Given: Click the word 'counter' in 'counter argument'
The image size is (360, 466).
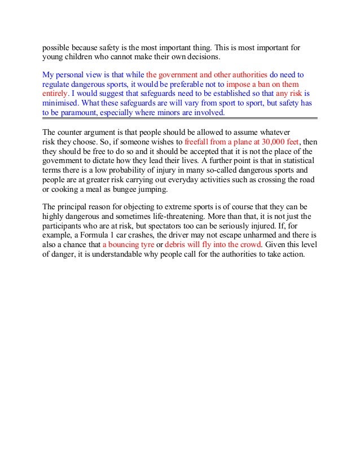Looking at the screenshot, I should click(71, 133).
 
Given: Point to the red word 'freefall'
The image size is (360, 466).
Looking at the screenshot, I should click(197, 142).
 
